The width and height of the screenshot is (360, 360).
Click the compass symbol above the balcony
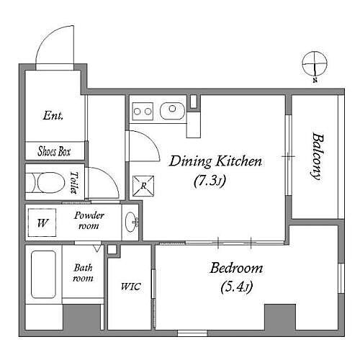click(x=315, y=65)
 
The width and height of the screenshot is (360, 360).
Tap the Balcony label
click(x=318, y=156)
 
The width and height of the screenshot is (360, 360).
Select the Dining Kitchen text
click(x=215, y=161)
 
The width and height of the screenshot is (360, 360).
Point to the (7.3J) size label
click(x=210, y=181)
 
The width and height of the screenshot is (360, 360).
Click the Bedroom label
click(x=236, y=268)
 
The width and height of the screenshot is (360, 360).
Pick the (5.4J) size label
click(x=237, y=287)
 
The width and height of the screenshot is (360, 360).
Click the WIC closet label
click(x=131, y=287)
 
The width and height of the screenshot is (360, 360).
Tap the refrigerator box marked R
click(x=143, y=186)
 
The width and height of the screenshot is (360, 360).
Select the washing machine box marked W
click(x=42, y=222)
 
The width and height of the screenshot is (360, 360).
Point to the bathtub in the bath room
click(x=43, y=274)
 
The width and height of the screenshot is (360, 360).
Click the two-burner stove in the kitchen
click(x=143, y=111)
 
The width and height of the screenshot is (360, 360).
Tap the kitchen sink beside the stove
click(x=172, y=111)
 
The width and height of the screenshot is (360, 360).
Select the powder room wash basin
click(x=132, y=222)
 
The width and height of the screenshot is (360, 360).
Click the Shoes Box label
click(x=54, y=151)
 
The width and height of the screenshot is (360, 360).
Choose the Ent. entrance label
click(x=53, y=115)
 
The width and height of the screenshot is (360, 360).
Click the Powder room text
click(x=89, y=220)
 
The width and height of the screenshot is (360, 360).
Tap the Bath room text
click(x=83, y=273)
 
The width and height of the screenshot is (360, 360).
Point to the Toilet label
click(x=74, y=182)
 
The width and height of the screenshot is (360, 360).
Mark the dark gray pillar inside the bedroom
click(x=280, y=318)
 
